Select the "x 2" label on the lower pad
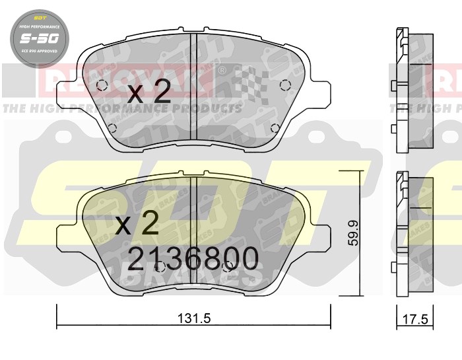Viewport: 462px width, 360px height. (x=137, y=225)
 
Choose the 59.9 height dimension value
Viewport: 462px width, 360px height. (x=354, y=233)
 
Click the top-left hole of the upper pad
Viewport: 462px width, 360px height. (x=101, y=85)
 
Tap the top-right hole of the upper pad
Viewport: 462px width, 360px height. (x=285, y=85)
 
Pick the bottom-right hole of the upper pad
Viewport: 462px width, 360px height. (x=275, y=128)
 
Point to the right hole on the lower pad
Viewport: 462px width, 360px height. (x=228, y=267)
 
